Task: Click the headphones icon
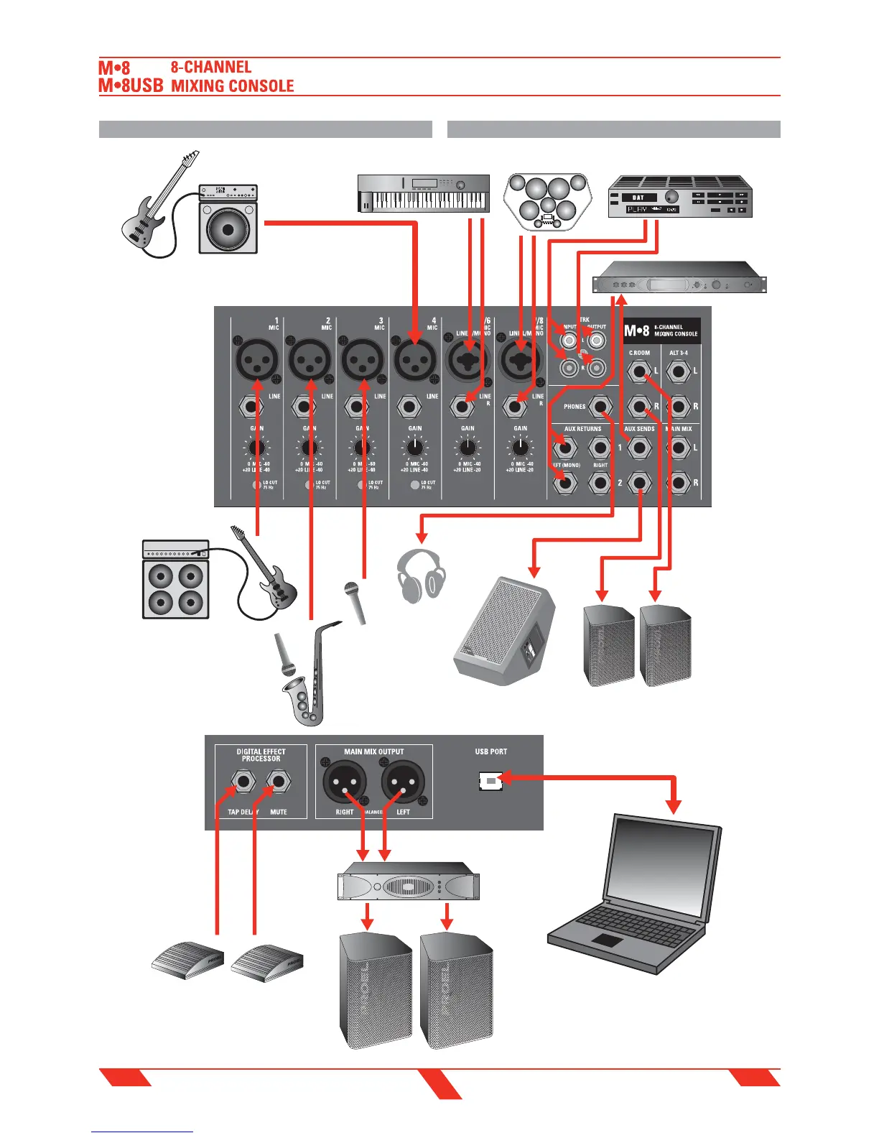point(422,575)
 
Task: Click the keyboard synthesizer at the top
point(424,193)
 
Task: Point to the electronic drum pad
point(548,200)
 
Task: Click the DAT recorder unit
point(679,197)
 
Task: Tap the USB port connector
point(490,780)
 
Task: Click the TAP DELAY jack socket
point(243,781)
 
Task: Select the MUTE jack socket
point(279,781)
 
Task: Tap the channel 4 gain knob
point(415,448)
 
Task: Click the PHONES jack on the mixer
point(600,407)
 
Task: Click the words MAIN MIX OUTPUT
point(373,751)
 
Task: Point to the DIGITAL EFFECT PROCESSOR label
point(261,755)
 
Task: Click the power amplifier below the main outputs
point(408,886)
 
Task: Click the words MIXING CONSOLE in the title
point(232,86)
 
